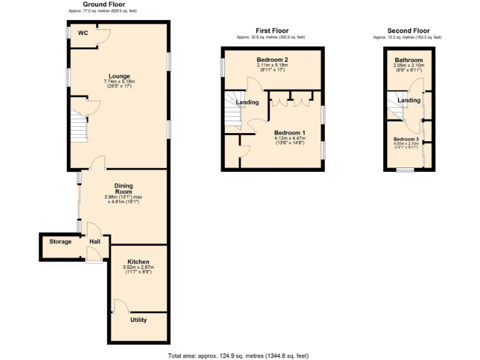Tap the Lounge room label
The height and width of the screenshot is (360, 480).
(x=119, y=76)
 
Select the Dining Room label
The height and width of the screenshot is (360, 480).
(x=123, y=189)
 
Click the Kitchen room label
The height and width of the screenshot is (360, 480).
(x=137, y=261)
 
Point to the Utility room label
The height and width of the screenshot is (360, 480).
(x=138, y=320)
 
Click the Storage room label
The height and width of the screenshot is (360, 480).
(x=61, y=242)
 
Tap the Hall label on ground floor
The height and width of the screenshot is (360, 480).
(x=94, y=242)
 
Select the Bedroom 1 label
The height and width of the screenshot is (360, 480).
(x=290, y=132)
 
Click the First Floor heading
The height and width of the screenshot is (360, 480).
(x=272, y=31)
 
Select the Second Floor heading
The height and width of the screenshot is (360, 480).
(x=408, y=31)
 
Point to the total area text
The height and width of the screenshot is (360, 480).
(x=238, y=356)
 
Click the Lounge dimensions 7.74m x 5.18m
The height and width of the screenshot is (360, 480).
(x=119, y=82)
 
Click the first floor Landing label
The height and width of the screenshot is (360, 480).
(x=247, y=102)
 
